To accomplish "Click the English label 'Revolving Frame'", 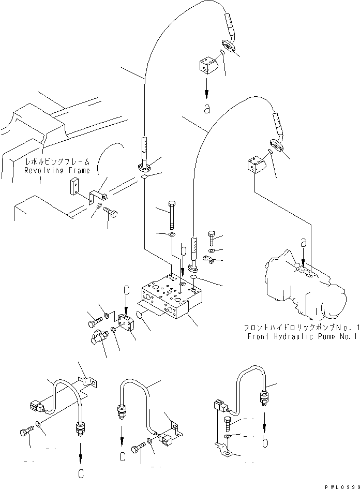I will (56, 170).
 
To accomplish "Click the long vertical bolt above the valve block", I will (171, 213).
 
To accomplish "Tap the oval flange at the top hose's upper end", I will (228, 45).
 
